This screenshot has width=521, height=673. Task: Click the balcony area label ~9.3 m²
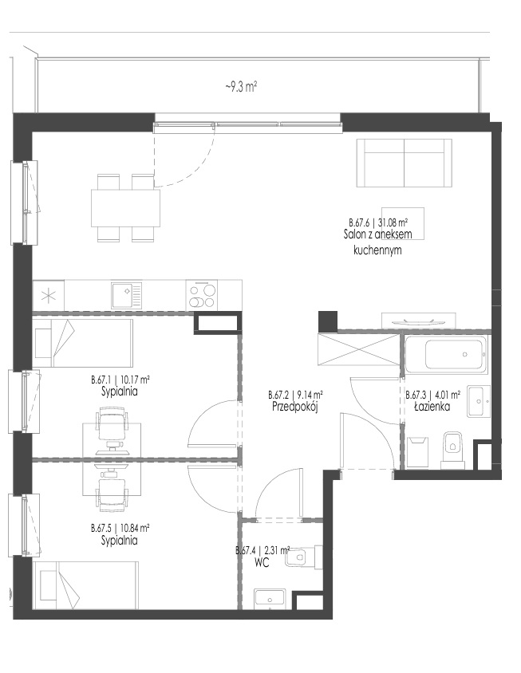click(241, 87)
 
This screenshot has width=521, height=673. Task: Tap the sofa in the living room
click(405, 163)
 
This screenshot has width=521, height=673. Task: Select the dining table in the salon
click(125, 208)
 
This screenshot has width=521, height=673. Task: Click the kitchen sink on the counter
click(126, 295)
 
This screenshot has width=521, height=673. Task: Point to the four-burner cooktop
click(202, 295)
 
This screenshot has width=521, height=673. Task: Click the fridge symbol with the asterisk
click(48, 295)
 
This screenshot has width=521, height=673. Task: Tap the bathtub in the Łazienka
click(446, 354)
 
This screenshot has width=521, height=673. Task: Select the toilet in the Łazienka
click(452, 449)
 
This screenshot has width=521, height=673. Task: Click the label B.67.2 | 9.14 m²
click(295, 395)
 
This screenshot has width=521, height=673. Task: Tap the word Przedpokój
click(294, 407)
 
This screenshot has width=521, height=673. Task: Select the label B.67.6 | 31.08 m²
click(378, 222)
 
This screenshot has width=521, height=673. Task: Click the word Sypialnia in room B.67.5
click(120, 540)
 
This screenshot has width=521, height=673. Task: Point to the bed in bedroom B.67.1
click(82, 343)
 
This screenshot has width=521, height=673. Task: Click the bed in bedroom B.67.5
click(85, 584)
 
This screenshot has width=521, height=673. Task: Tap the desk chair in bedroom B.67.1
click(113, 427)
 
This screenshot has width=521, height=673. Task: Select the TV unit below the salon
click(418, 321)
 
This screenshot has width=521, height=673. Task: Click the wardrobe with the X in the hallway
click(359, 349)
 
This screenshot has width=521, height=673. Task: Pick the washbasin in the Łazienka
click(479, 401)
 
